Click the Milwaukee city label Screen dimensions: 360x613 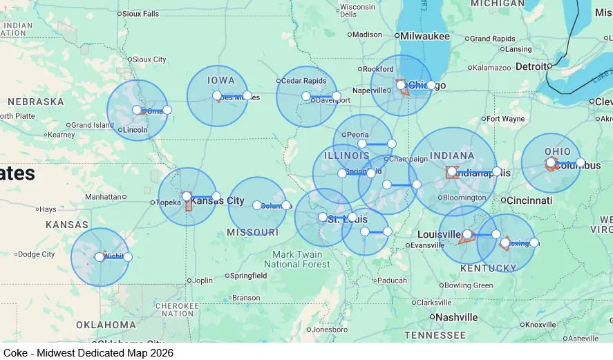tap(425, 36)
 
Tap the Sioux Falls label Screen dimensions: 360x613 tap(140, 13)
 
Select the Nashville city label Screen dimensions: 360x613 tap(456, 317)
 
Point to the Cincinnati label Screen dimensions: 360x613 tap(529, 200)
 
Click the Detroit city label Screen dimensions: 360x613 tap(531, 66)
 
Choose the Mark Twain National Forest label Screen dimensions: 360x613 tap(297, 259)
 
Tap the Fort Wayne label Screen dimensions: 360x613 tap(505, 119)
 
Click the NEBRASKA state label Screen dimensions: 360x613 tap(36, 102)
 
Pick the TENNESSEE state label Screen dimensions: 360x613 tap(435, 335)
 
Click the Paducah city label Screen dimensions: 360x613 tap(392, 280)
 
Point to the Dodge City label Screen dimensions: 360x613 tap(36, 254)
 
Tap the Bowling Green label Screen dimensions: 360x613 tap(469, 285)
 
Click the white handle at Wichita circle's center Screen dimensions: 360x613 tap(100, 257)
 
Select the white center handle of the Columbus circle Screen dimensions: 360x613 tap(551, 163)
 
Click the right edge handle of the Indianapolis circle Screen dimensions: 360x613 tap(497, 171)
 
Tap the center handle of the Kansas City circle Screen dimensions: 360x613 tap(187, 196)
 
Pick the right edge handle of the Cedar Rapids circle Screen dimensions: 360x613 tap(337, 96)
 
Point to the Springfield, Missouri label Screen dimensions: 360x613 tap(249, 276)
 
